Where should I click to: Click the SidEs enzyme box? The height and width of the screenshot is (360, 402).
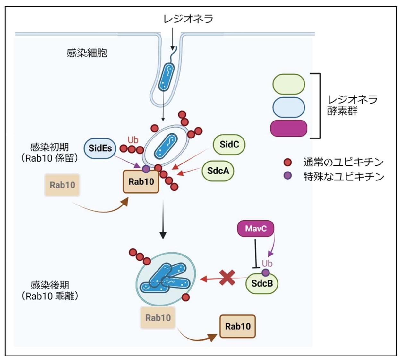(x=100, y=148)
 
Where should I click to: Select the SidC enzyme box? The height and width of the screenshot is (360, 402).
(x=229, y=145)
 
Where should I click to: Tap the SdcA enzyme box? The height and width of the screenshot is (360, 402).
(x=218, y=171)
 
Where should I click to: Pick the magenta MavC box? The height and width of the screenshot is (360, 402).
(x=255, y=229)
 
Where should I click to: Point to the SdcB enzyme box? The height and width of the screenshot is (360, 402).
(x=262, y=283)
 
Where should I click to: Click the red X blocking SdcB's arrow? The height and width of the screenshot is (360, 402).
(x=227, y=278)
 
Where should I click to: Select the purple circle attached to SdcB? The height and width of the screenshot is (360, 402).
(x=266, y=272)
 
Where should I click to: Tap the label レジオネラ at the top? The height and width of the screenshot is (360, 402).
(x=188, y=19)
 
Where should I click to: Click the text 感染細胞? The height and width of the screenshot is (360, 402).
(x=87, y=53)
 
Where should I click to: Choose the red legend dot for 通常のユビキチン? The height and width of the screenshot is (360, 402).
(x=288, y=162)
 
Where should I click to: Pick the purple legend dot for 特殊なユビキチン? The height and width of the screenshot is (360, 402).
(x=288, y=176)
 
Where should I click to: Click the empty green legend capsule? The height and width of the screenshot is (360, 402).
(x=289, y=84)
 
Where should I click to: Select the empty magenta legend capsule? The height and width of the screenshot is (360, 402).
(x=289, y=128)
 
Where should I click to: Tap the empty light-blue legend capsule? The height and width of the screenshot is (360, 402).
(x=289, y=107)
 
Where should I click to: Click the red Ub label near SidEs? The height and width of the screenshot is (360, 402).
(x=133, y=140)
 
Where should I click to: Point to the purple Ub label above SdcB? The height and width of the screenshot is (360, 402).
(x=267, y=264)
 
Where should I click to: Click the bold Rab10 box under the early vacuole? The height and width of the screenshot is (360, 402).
(x=141, y=182)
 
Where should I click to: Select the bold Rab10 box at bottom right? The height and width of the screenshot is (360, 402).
(x=237, y=327)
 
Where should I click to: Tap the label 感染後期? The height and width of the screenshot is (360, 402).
(x=50, y=285)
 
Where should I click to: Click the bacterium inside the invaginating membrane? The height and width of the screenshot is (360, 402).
(x=167, y=77)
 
